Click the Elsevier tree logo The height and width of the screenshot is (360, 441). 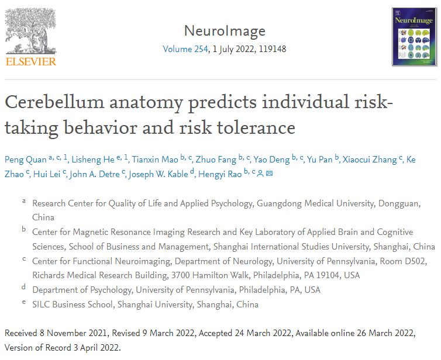coord(31,30)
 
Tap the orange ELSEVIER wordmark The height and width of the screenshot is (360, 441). coord(31,61)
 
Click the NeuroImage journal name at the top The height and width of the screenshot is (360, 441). coord(224,31)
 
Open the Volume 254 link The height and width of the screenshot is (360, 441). coord(185,49)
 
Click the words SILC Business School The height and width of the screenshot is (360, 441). coord(73,304)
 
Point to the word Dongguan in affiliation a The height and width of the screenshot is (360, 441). coord(408,203)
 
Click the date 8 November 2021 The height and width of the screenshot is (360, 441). coord(73,333)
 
